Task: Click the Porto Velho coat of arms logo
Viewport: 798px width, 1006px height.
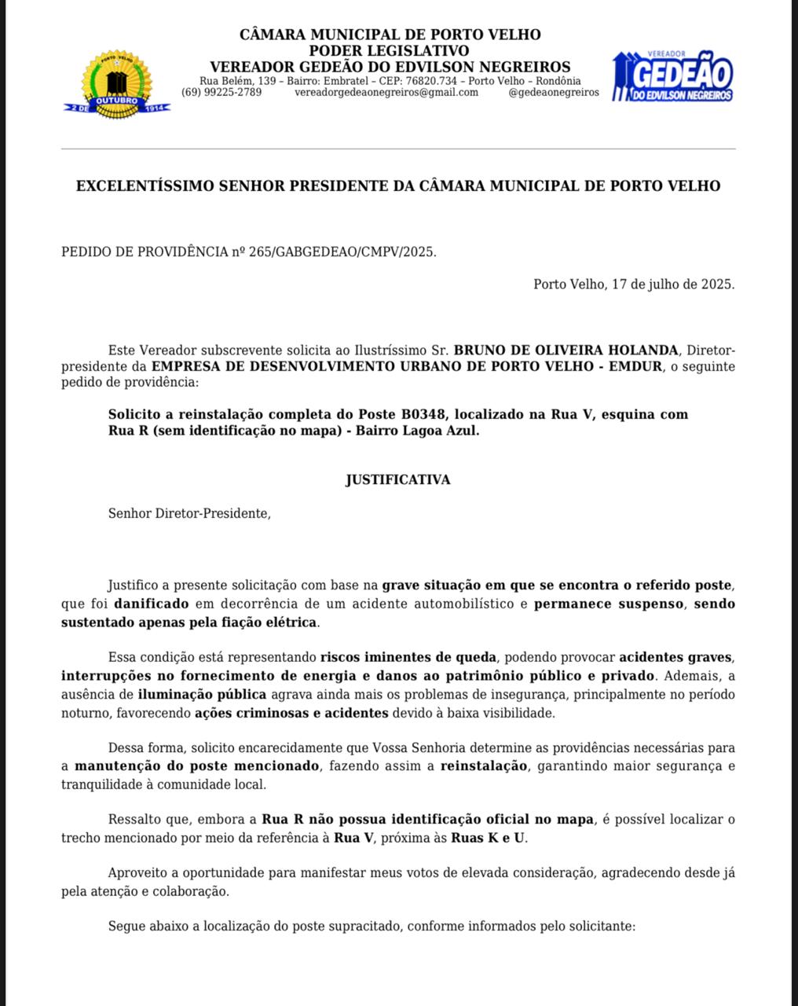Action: coord(116,83)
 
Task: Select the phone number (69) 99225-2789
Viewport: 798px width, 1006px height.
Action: coord(221,92)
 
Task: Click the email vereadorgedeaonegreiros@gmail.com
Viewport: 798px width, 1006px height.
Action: coord(386,92)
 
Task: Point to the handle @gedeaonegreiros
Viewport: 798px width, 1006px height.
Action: coord(554,92)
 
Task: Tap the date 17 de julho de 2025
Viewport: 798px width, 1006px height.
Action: coord(672,284)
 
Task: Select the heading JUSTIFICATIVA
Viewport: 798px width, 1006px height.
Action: coord(398,479)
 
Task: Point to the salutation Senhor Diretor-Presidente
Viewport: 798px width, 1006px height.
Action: coord(189,513)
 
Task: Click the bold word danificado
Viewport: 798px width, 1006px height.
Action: coord(151,604)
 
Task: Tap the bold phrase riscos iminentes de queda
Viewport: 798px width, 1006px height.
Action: coord(408,657)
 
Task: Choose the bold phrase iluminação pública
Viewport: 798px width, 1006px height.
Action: coord(203,694)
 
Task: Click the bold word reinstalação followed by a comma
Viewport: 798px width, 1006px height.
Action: coord(484,766)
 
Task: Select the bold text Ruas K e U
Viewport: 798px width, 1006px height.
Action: coord(488,838)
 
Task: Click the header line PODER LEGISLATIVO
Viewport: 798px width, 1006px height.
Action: coord(390,51)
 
